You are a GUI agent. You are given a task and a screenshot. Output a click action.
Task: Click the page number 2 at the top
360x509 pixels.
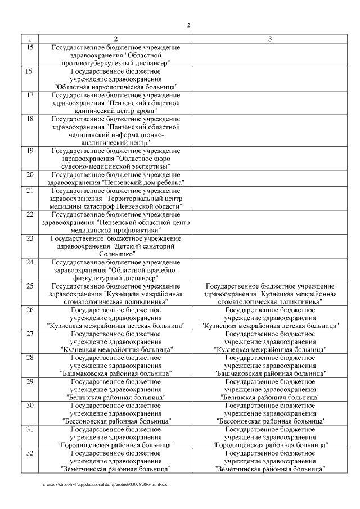[x=188, y=26]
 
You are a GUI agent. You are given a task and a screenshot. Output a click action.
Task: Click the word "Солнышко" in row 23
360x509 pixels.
[x=115, y=254]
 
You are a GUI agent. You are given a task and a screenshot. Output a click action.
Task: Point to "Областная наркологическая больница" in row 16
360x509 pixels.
[x=116, y=87]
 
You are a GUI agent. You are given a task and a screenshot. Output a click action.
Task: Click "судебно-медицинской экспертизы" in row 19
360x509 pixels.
[x=116, y=166]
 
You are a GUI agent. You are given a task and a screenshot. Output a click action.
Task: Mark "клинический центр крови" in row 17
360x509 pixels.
[x=116, y=111]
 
